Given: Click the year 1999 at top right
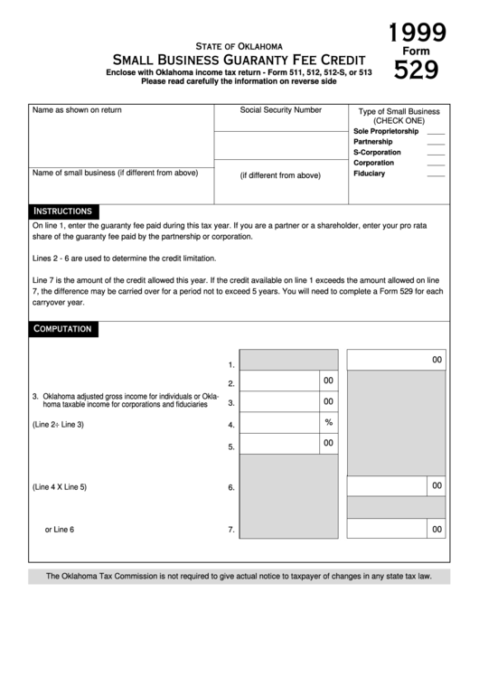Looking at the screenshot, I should click(417, 34).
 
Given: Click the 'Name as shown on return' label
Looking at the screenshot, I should click(77, 109).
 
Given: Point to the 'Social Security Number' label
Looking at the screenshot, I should click(280, 109).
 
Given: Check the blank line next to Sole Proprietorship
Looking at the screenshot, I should click(436, 132).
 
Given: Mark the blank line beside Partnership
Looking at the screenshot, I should click(436, 143).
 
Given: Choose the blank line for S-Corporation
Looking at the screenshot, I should click(436, 154).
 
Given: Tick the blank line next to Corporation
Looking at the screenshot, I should click(436, 164).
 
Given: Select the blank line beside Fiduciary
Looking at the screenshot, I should click(436, 174).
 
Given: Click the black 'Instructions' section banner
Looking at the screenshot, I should click(62, 211).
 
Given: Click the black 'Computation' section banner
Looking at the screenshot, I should click(62, 329).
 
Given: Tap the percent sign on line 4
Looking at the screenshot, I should click(329, 422).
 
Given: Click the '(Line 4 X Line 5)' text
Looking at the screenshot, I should click(60, 487).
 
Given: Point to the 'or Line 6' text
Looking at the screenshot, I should click(60, 530).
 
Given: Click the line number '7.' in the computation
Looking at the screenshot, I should click(231, 531).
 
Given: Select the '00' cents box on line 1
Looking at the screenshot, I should click(437, 361).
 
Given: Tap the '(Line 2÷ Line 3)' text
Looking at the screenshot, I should click(58, 424).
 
